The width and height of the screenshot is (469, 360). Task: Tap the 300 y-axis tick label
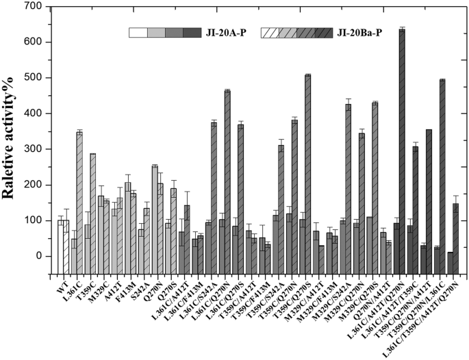[x=40, y=149]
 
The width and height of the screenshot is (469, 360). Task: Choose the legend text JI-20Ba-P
[x=364, y=32]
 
